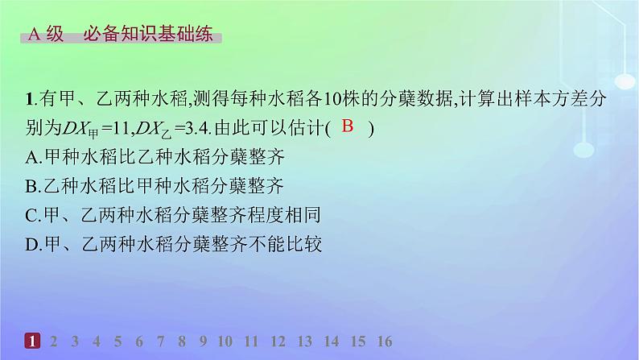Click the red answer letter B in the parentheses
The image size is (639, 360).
coord(348,126)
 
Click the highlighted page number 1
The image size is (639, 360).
coord(32,341)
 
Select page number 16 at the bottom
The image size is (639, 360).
coord(384,341)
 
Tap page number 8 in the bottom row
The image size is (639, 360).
coord(183,341)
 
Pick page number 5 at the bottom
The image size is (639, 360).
coord(118,341)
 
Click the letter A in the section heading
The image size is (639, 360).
coord(35,35)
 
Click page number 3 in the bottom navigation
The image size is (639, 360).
coord(75,341)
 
